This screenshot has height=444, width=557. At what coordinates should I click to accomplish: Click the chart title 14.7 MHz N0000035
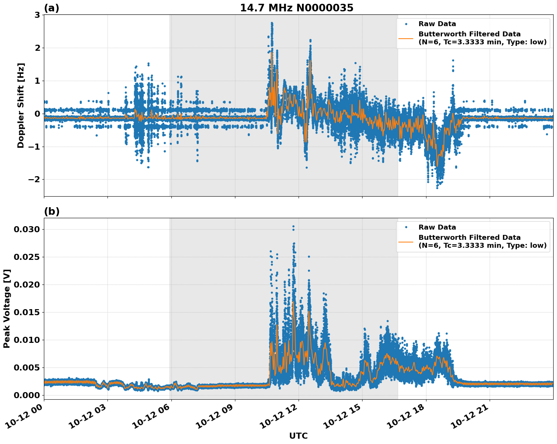[297, 8]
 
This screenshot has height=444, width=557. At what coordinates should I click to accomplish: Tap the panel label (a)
[51, 8]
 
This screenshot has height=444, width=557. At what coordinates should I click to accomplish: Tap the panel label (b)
[51, 211]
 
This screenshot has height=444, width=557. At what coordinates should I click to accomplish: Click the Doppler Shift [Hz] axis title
[21, 105]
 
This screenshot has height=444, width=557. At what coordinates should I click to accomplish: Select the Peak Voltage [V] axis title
[7, 308]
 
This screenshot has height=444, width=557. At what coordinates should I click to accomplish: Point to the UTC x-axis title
[298, 436]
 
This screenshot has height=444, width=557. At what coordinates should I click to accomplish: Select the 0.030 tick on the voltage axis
[26, 229]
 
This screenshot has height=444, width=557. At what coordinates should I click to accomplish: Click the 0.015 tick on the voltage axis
[26, 312]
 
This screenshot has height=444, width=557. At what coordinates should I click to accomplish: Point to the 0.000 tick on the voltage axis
[26, 395]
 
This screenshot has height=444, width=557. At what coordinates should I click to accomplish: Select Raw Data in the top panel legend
[437, 24]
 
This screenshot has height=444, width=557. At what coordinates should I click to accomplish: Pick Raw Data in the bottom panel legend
[437, 227]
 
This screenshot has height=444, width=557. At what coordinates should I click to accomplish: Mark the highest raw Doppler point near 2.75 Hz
[272, 23]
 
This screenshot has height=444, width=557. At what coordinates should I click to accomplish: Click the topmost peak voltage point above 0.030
[293, 227]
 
